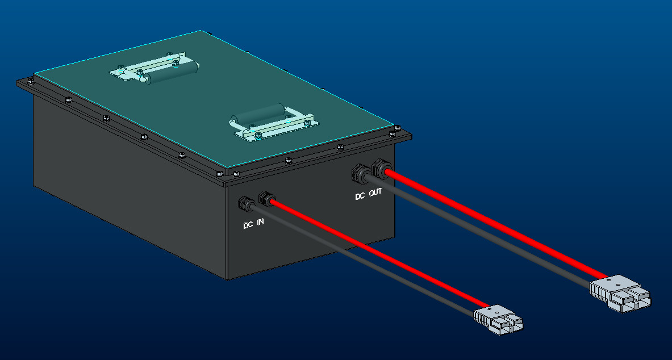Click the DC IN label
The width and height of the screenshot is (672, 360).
253,224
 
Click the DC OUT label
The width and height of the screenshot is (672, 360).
369,195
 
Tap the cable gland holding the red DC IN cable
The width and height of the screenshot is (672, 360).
266,199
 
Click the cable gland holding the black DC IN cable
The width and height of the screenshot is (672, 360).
247,203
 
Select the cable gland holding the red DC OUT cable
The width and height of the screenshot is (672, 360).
381,168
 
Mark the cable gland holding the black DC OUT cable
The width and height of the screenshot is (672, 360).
361,173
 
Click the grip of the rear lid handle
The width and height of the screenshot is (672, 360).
170,73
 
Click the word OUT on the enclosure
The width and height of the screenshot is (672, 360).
375,193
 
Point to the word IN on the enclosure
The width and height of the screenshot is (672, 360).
260,222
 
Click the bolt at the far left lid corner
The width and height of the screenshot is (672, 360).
30,80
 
